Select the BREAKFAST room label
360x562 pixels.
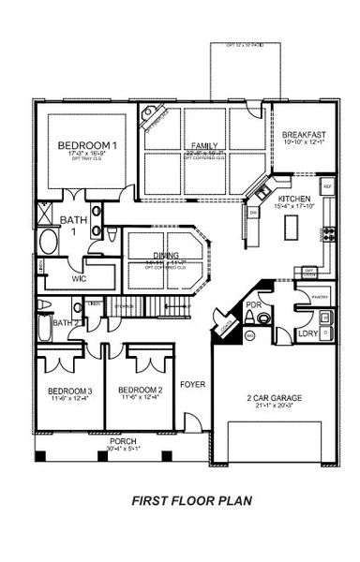[x=304, y=135]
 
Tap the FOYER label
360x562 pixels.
[x=193, y=383]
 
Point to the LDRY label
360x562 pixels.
[x=307, y=333]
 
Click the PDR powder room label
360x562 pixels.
[x=253, y=305]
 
